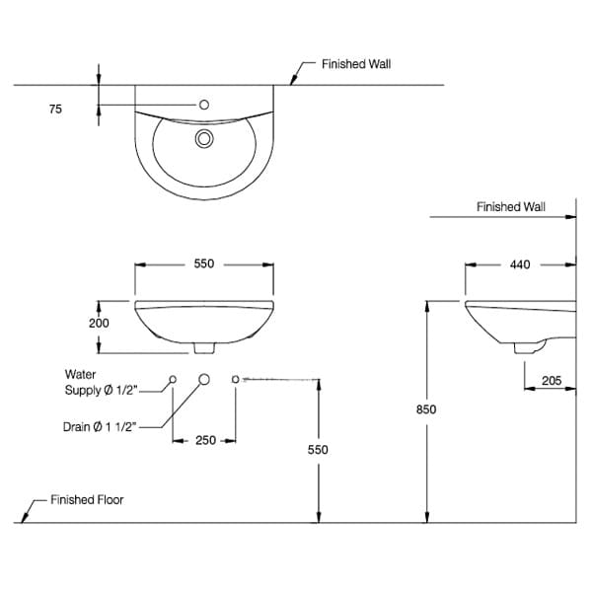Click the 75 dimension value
coord(55,110)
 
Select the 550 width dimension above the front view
coord(204,264)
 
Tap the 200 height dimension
coord(99,323)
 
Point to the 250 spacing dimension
coord(204,441)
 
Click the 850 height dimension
coord(426,408)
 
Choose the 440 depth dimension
coord(520,264)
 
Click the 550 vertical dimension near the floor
coord(318,449)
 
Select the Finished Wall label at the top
coord(356,64)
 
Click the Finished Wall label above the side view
coord(510,207)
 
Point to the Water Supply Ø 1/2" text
coord(98,383)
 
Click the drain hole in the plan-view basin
coord(204,138)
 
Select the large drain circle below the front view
coord(205,379)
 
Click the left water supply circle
coord(174,379)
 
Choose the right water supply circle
coord(236,379)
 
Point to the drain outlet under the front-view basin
coord(204,347)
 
